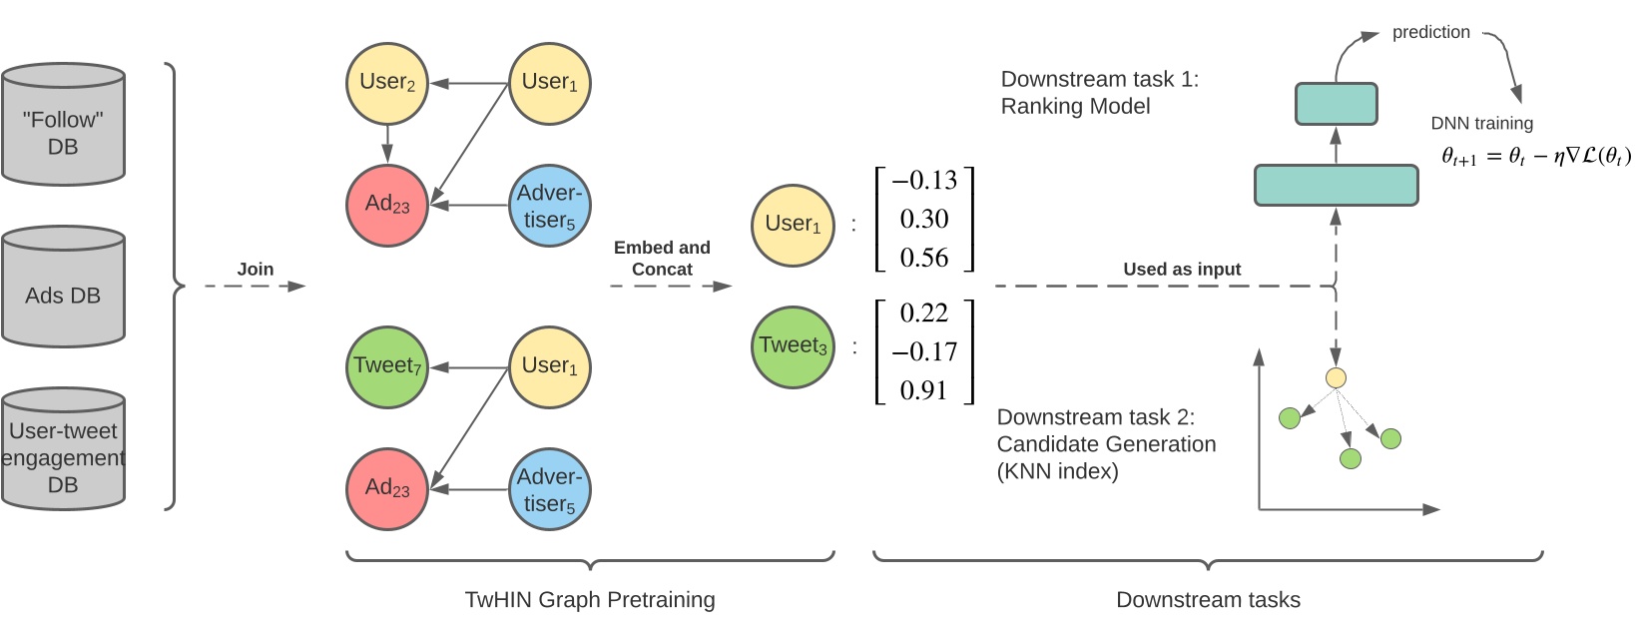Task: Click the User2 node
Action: click(x=386, y=83)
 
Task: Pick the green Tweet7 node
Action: click(x=386, y=366)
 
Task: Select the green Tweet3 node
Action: click(x=793, y=346)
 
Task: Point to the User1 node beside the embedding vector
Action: click(x=793, y=225)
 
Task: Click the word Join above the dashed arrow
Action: click(x=256, y=269)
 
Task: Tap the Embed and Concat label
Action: click(x=662, y=258)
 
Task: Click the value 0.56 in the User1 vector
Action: click(x=924, y=258)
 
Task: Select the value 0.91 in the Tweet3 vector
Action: click(x=924, y=390)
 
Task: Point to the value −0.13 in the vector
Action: click(x=924, y=181)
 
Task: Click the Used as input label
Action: click(x=1182, y=269)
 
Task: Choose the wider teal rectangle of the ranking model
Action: click(x=1336, y=186)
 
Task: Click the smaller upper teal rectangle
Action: click(x=1336, y=104)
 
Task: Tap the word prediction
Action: click(x=1430, y=32)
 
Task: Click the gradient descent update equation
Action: click(x=1535, y=156)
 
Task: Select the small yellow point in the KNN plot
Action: click(x=1336, y=377)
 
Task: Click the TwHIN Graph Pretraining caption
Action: click(x=590, y=600)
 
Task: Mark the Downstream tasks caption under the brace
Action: click(x=1208, y=600)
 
